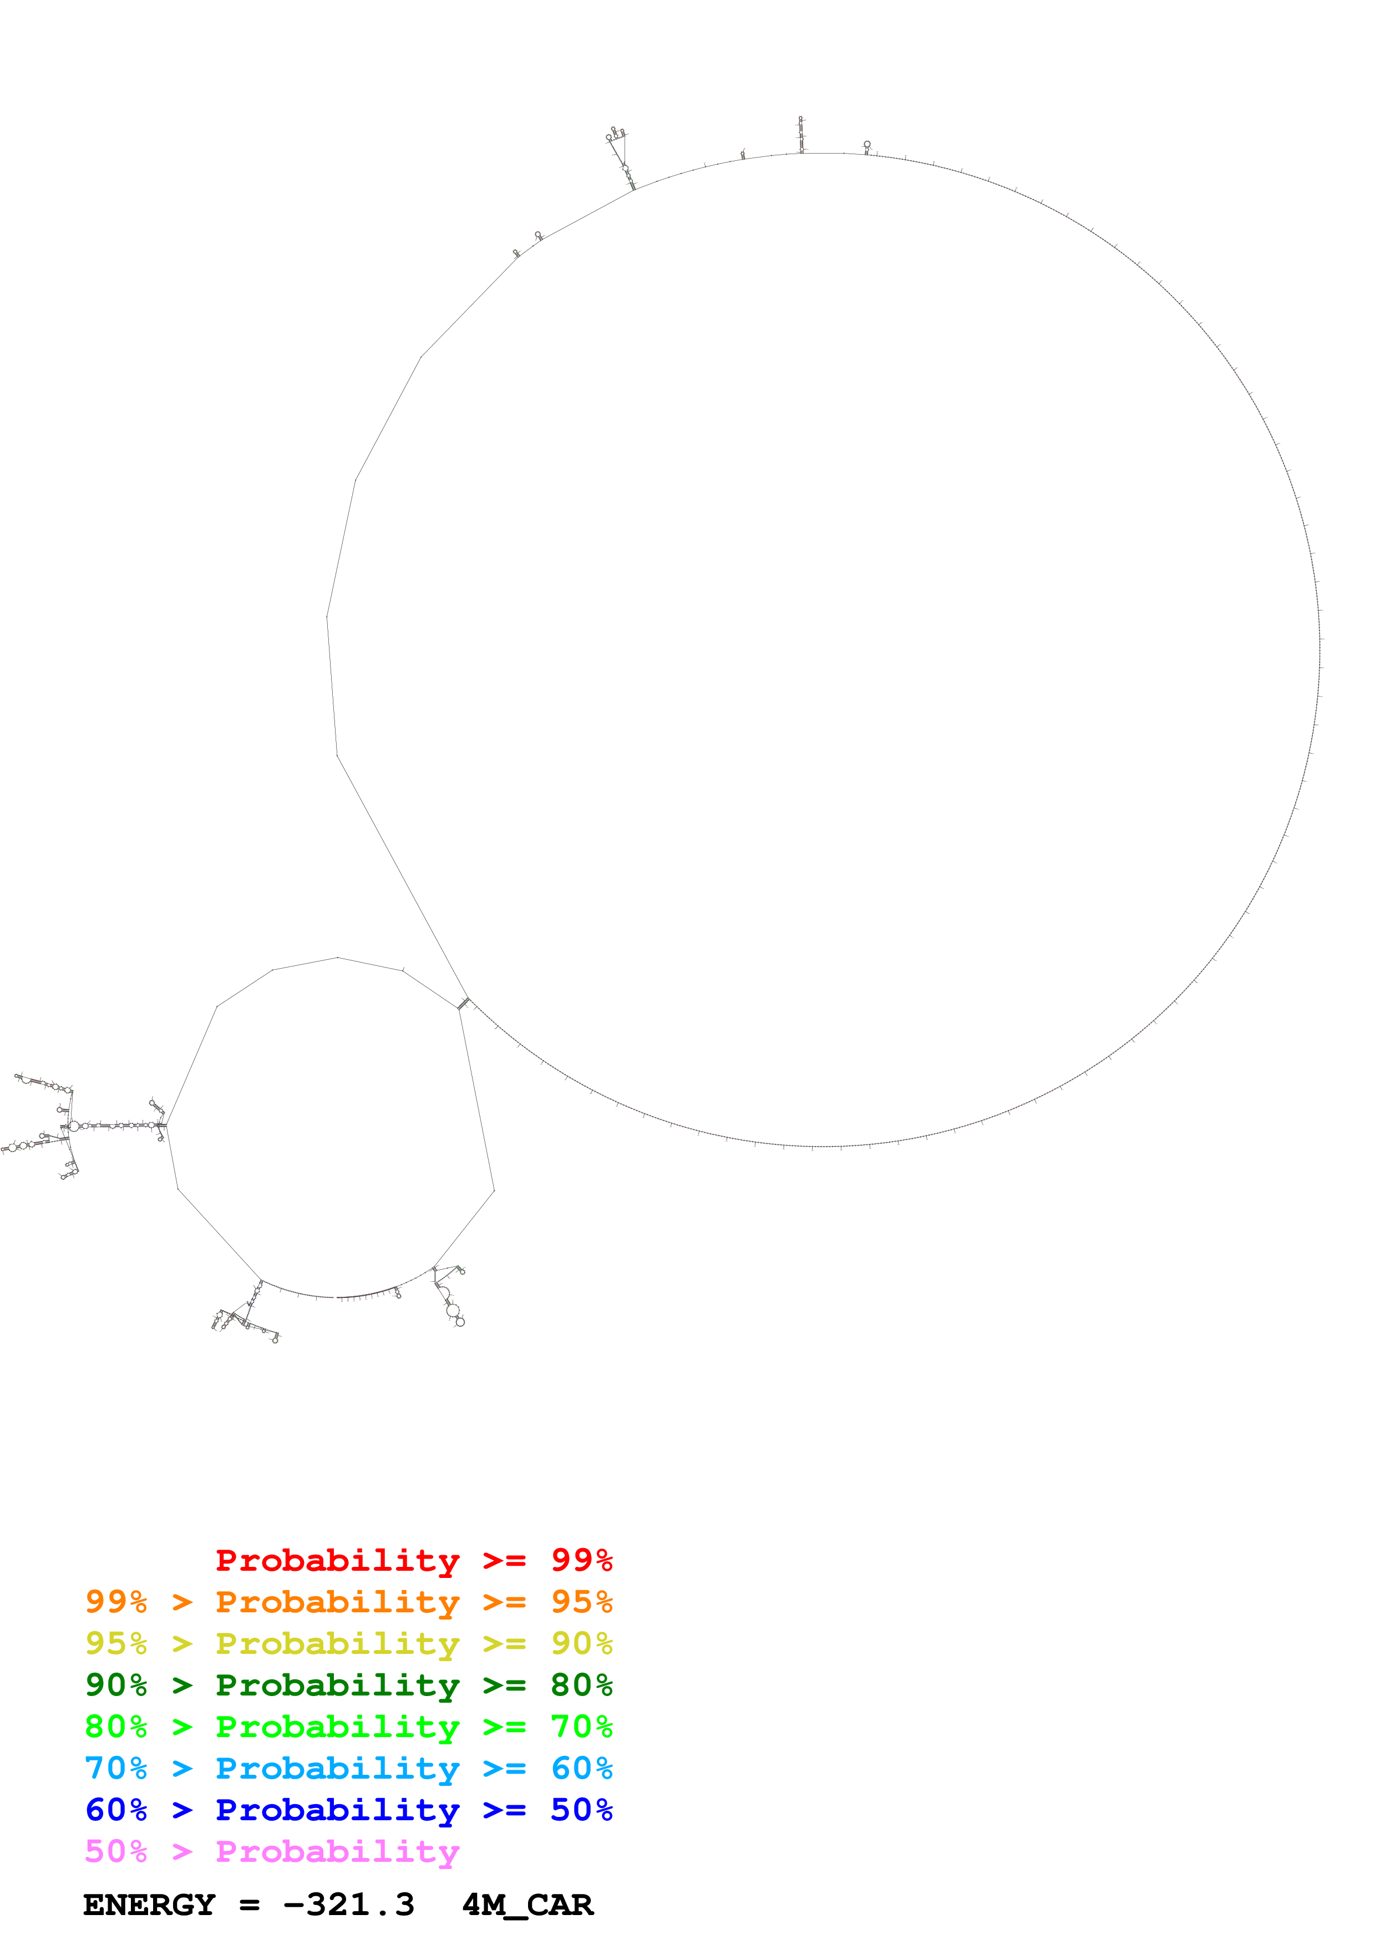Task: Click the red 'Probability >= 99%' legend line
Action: (413, 1560)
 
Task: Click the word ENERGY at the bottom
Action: (149, 1905)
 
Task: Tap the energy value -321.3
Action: (348, 1905)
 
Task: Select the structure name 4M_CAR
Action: (527, 1905)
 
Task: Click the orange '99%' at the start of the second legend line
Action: (116, 1602)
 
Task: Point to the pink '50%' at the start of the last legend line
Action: (116, 1851)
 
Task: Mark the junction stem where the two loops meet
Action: (463, 1004)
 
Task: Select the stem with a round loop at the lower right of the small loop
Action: (449, 1297)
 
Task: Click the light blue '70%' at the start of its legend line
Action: (116, 1768)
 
